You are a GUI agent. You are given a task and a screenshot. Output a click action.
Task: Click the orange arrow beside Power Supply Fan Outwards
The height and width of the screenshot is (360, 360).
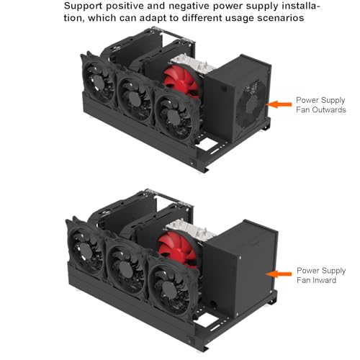279,104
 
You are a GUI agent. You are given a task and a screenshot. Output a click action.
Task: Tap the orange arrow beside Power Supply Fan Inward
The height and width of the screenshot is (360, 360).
279,274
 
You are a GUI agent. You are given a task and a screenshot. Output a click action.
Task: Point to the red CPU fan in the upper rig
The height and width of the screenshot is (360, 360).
181,79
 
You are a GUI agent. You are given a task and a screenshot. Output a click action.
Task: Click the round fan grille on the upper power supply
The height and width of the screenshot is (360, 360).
251,104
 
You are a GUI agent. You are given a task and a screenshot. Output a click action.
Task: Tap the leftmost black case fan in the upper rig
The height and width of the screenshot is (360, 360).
98,79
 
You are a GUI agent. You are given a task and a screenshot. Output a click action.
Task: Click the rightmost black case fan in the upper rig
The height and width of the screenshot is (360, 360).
175,116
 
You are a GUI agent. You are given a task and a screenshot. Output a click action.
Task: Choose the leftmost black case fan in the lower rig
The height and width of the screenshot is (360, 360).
85,248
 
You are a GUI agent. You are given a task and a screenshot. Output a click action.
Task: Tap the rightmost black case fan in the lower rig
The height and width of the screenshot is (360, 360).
171,286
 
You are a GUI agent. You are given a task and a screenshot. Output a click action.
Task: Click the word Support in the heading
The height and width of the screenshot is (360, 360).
83,6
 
